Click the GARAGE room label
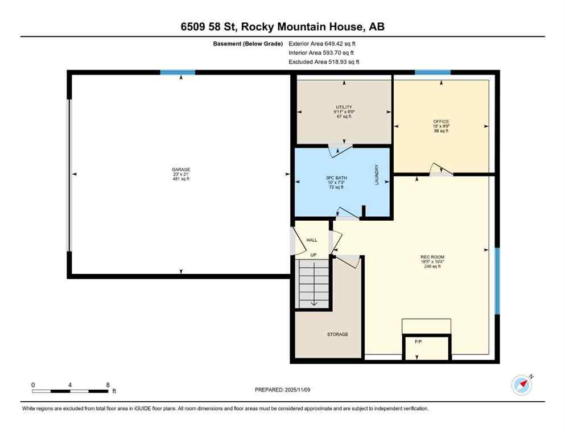pyautogui.click(x=181, y=170)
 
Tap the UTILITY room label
pyautogui.click(x=344, y=107)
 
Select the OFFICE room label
pyautogui.click(x=441, y=122)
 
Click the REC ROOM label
pyautogui.click(x=431, y=257)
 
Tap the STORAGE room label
pyautogui.click(x=337, y=334)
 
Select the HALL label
pyautogui.click(x=312, y=240)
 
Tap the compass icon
pyautogui.click(x=522, y=385)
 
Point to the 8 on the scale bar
pyautogui.click(x=108, y=385)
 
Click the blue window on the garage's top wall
pyautogui.click(x=178, y=72)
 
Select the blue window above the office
pyautogui.click(x=432, y=72)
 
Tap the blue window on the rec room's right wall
pyautogui.click(x=497, y=281)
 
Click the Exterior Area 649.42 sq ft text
pyautogui.click(x=324, y=43)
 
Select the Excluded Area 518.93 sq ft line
pyautogui.click(x=324, y=61)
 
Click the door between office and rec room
pyautogui.click(x=440, y=170)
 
